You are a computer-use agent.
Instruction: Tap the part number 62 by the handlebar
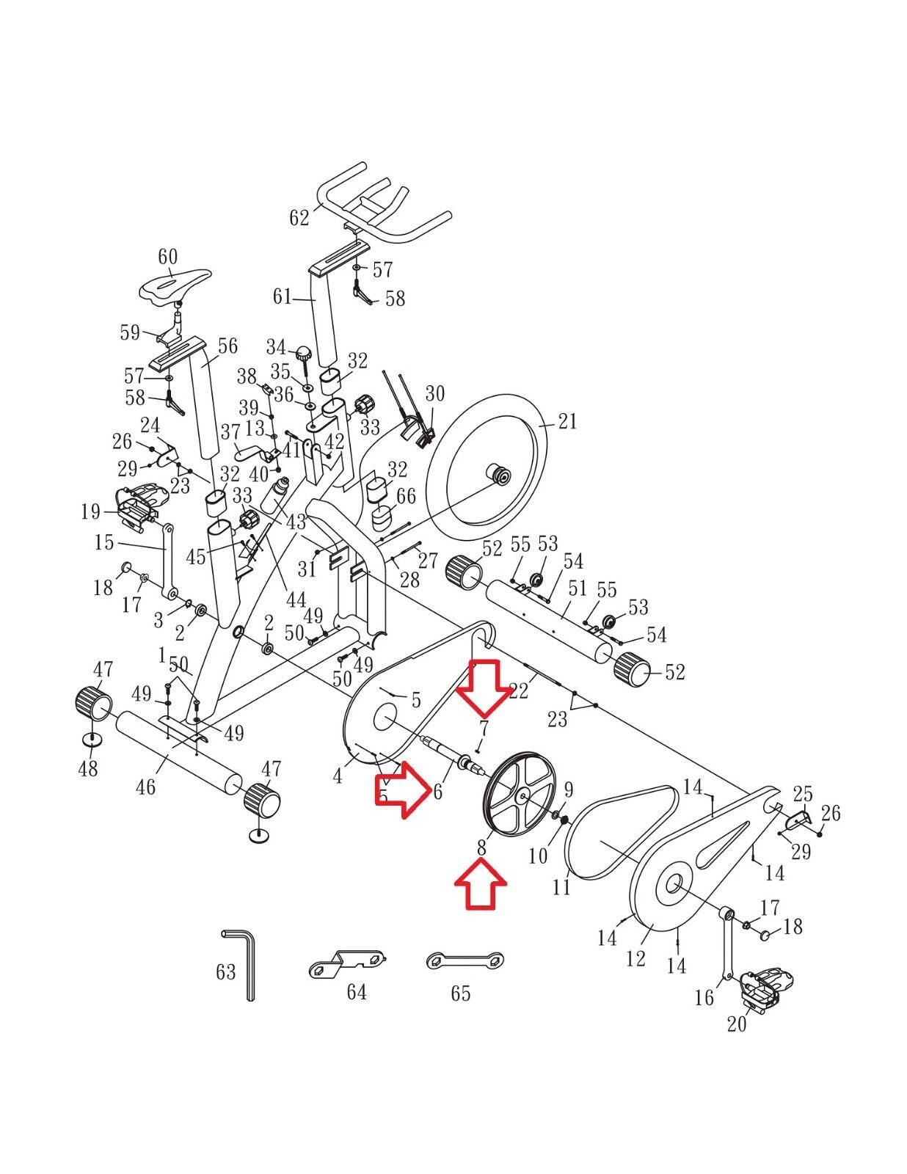pos(299,217)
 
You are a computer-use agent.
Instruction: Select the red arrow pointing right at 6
pos(404,792)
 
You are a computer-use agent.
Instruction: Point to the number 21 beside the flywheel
pos(567,421)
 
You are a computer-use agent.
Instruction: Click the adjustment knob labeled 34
pos(304,356)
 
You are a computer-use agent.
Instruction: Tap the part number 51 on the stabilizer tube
pos(578,588)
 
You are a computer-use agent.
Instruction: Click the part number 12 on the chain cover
pos(635,958)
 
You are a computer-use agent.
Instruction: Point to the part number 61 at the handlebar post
pos(282,296)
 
